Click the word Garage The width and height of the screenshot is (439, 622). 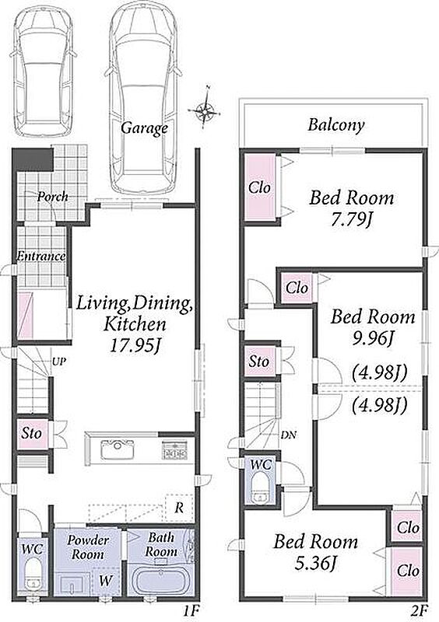[x=144, y=128]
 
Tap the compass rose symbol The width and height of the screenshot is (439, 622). [x=205, y=109]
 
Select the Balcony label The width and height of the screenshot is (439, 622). [x=336, y=126]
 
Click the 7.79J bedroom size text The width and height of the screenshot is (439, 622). [x=352, y=221]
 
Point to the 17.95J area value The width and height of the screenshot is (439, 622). [x=135, y=346]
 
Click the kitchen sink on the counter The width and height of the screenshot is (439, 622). [x=118, y=449]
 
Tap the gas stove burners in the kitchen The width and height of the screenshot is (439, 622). [x=174, y=451]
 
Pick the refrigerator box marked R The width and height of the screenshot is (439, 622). [x=179, y=508]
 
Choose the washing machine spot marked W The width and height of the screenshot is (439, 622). [x=106, y=581]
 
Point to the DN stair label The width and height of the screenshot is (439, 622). [x=289, y=435]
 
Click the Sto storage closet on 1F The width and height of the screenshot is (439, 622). [x=32, y=433]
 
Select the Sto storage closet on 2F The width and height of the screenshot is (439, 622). [x=259, y=361]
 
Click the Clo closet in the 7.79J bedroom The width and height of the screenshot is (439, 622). [x=260, y=187]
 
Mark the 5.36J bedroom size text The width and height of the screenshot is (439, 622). [x=316, y=564]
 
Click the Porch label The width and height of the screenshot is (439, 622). [x=52, y=197]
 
